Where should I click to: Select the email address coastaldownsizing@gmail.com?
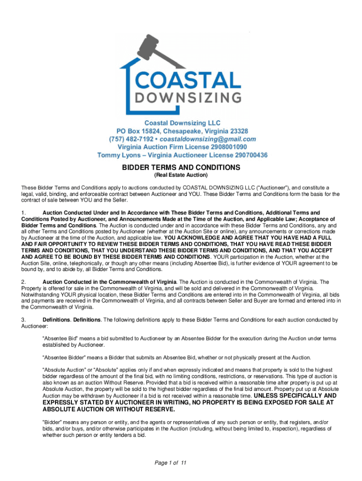[x=208, y=139]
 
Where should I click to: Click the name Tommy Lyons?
[x=116, y=155]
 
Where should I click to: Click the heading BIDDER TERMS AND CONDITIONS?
[x=181, y=167]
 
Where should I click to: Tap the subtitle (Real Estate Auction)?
[x=181, y=175]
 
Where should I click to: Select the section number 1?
[x=24, y=213]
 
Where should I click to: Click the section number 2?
[x=24, y=282]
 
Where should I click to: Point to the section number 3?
[x=24, y=320]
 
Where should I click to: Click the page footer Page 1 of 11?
[x=171, y=463]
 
